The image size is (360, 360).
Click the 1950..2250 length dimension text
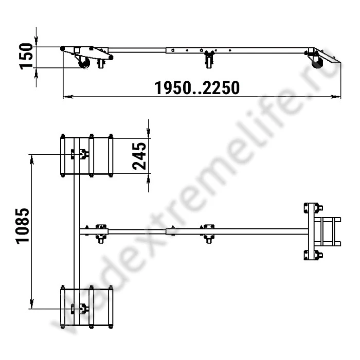197,88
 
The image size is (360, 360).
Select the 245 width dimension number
139,156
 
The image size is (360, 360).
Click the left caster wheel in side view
84,63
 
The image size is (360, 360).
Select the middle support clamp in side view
208,58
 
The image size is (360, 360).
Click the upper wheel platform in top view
86,155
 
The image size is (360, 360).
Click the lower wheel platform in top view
86,308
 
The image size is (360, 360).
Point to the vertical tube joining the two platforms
77,231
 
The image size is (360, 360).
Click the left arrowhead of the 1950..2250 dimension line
66,96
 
